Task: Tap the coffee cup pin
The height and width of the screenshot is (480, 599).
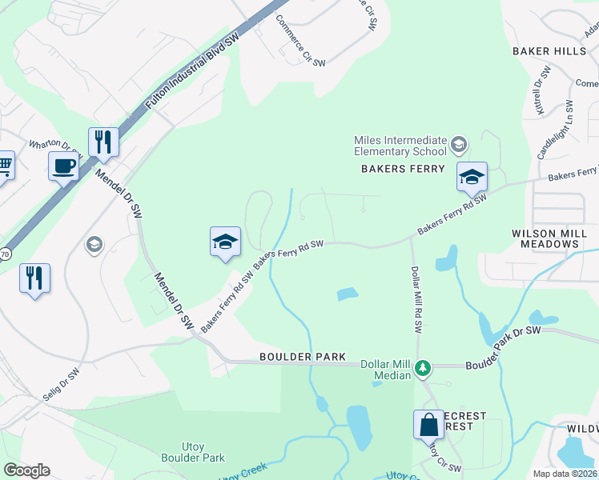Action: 63,166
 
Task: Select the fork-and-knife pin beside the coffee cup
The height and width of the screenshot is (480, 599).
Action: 103,142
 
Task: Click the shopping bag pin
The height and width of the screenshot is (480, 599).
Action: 428,424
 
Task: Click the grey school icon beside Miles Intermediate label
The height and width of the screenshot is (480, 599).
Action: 459,145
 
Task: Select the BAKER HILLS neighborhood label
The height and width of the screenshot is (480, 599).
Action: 549,51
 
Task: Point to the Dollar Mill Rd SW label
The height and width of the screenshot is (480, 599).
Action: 416,300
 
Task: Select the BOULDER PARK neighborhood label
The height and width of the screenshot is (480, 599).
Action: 302,356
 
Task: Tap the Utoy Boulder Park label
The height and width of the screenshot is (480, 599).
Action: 193,452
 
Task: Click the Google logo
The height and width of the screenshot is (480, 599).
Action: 26,470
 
